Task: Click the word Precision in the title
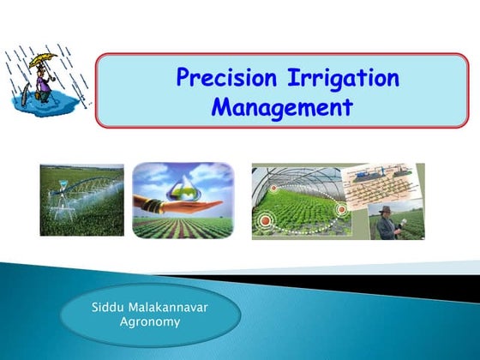[x=225, y=78]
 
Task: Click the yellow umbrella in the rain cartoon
[x=38, y=62]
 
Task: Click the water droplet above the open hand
[x=183, y=185]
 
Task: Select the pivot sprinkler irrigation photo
[x=81, y=201]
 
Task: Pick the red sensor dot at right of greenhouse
[x=341, y=208]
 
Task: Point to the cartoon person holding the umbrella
[x=39, y=82]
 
